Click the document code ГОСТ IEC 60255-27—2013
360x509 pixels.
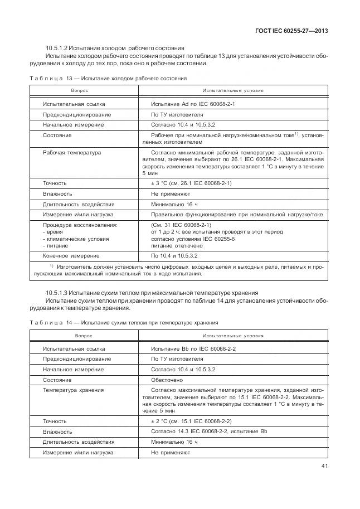click(x=291, y=31)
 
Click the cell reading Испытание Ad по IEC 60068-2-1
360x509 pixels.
click(x=193, y=104)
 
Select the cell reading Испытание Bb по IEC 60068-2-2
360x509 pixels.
click(x=193, y=348)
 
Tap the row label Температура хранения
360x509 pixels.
click(x=73, y=390)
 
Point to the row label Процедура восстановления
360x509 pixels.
click(x=80, y=225)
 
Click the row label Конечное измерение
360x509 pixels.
click(x=71, y=256)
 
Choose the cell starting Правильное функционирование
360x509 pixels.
click(x=237, y=214)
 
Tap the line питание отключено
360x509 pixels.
click(x=177, y=245)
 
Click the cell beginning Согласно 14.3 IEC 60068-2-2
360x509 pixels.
click(x=210, y=432)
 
